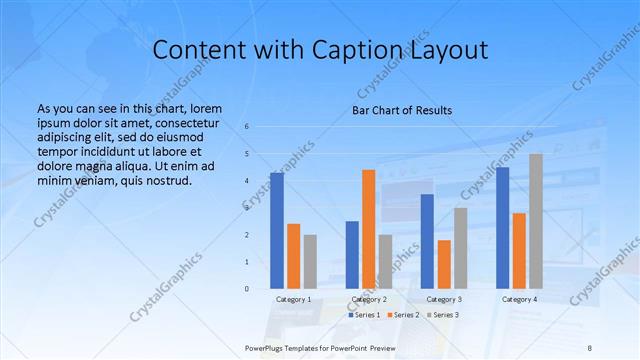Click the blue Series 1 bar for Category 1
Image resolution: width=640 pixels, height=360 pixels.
[x=277, y=231]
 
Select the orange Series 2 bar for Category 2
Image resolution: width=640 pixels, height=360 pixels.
[x=368, y=229]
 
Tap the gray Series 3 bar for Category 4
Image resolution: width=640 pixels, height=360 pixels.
[x=536, y=221]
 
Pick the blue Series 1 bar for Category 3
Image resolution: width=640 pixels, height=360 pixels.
[x=427, y=241]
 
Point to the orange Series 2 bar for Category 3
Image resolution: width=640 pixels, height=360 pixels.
[x=444, y=264]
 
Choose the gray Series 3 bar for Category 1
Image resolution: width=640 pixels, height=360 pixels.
[x=310, y=261]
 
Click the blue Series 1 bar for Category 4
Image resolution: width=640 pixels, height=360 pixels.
[x=502, y=228]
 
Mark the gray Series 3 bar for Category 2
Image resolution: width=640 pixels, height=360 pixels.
[x=385, y=261]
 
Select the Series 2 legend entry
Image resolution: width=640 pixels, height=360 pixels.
[x=403, y=315]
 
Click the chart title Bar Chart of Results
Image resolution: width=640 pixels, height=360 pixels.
[x=402, y=110]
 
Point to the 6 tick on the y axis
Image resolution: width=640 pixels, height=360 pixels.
[x=247, y=126]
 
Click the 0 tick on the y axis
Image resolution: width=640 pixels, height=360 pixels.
[x=247, y=289]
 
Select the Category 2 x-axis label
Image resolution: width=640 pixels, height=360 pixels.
[x=369, y=299]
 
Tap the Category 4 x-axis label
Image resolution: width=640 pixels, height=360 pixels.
[x=519, y=299]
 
